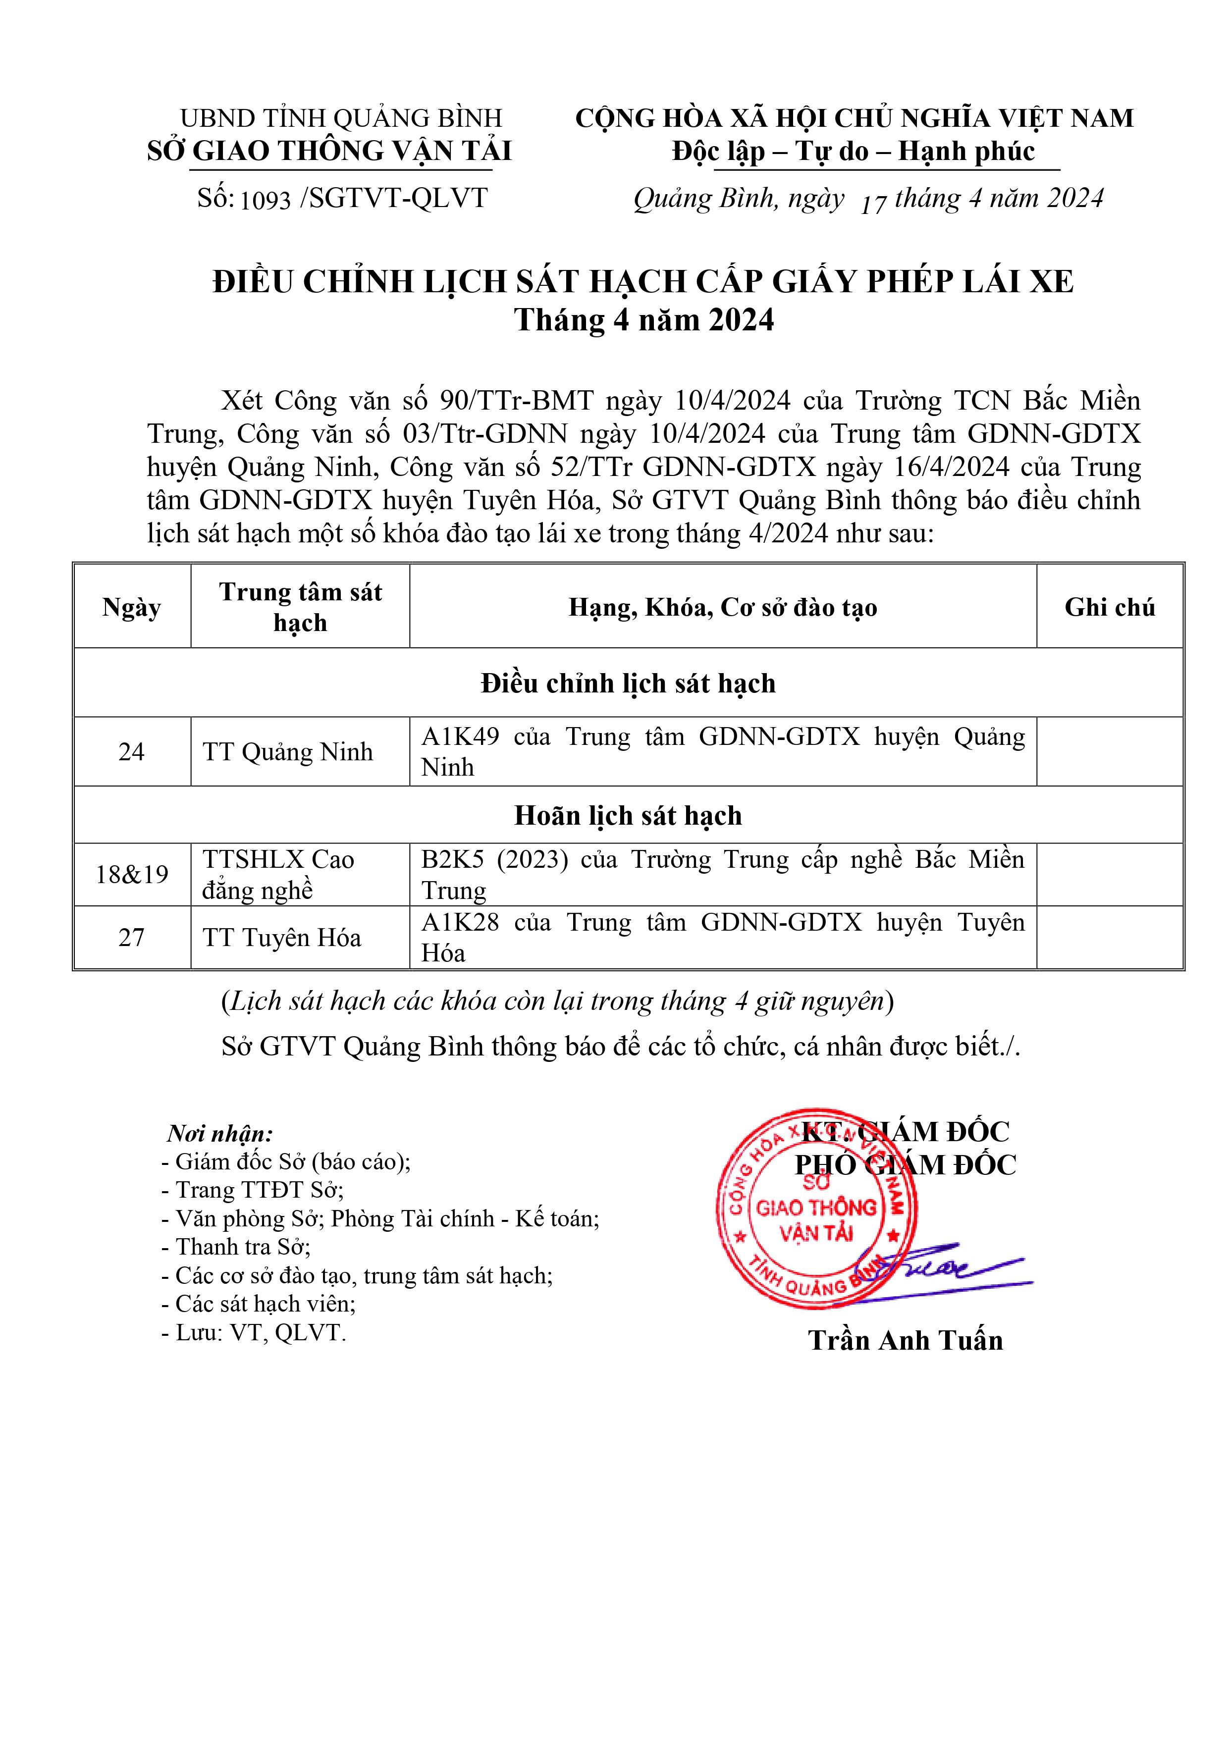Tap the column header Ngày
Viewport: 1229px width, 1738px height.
coord(132,607)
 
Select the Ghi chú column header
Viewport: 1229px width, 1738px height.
coord(1109,607)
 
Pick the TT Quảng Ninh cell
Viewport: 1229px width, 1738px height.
coord(288,752)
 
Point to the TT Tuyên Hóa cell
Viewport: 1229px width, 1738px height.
coord(282,938)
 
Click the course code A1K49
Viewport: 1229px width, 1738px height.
coord(460,737)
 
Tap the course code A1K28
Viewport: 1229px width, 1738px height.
coord(460,923)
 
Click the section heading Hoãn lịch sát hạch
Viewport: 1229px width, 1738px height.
coord(628,815)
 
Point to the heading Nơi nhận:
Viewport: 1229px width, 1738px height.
coord(219,1133)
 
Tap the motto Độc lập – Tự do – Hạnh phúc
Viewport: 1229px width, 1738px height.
coord(854,152)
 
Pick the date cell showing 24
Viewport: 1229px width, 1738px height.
coord(132,752)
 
